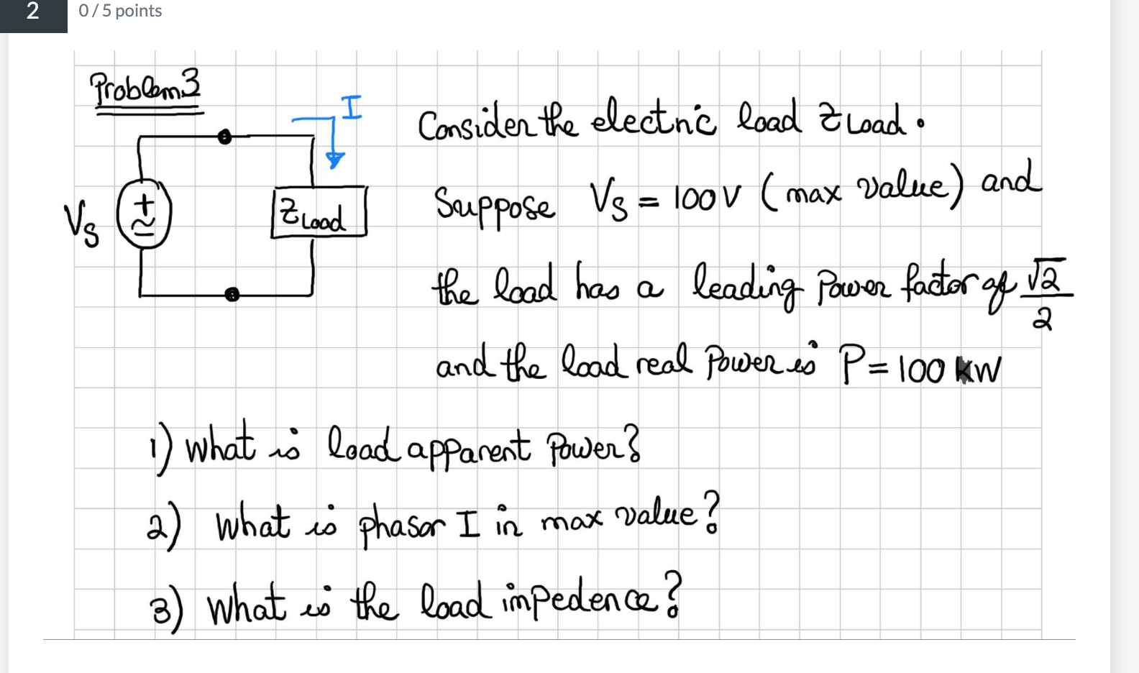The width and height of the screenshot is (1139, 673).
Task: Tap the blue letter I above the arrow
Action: click(351, 108)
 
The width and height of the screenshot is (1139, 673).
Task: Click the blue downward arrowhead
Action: click(334, 160)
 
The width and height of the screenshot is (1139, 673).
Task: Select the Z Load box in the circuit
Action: click(319, 213)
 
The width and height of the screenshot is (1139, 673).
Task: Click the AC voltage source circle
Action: click(144, 215)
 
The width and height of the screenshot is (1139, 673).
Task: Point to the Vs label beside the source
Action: click(81, 224)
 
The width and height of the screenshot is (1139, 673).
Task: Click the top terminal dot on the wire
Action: click(225, 137)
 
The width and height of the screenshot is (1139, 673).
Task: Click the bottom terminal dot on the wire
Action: click(232, 294)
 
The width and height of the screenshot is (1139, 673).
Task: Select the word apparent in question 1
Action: click(469, 450)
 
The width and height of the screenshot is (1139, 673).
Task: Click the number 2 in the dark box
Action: click(33, 12)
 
